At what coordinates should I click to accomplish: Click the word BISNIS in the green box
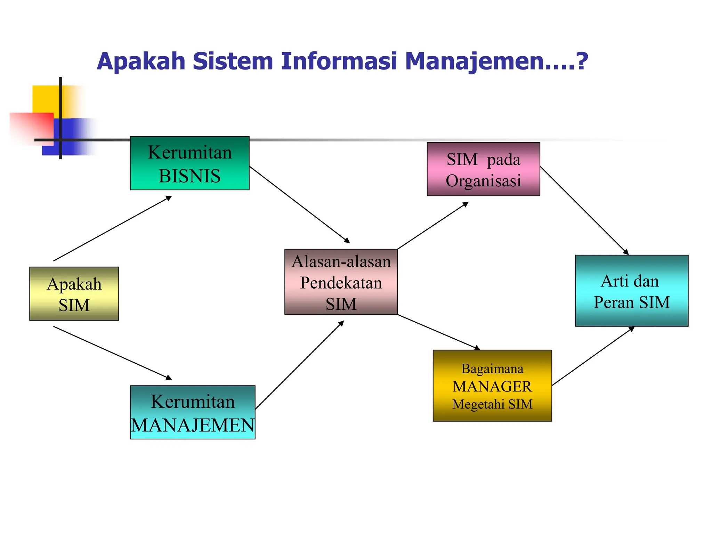point(189,176)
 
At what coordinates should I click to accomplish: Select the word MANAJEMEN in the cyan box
point(193,425)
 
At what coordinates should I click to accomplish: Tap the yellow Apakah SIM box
point(74,294)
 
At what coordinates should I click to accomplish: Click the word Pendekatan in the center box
point(341,283)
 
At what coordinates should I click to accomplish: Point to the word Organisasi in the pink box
point(483,181)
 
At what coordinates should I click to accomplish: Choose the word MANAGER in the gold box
point(492,387)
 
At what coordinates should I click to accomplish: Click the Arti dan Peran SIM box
point(631,291)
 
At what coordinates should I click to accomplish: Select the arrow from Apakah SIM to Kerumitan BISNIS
point(112,228)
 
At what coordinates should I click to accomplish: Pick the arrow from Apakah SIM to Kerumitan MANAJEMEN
point(112,353)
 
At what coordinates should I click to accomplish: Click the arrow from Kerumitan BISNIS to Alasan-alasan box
point(299,204)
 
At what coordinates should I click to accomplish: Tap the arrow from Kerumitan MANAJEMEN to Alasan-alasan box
point(299,365)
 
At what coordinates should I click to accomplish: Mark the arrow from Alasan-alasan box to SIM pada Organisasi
point(433,226)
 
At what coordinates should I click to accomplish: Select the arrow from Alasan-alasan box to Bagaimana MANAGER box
point(439,332)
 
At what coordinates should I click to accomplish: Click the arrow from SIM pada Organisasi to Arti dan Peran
point(584,211)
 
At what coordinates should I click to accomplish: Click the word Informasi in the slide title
point(339,61)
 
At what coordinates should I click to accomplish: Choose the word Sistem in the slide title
point(233,61)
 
